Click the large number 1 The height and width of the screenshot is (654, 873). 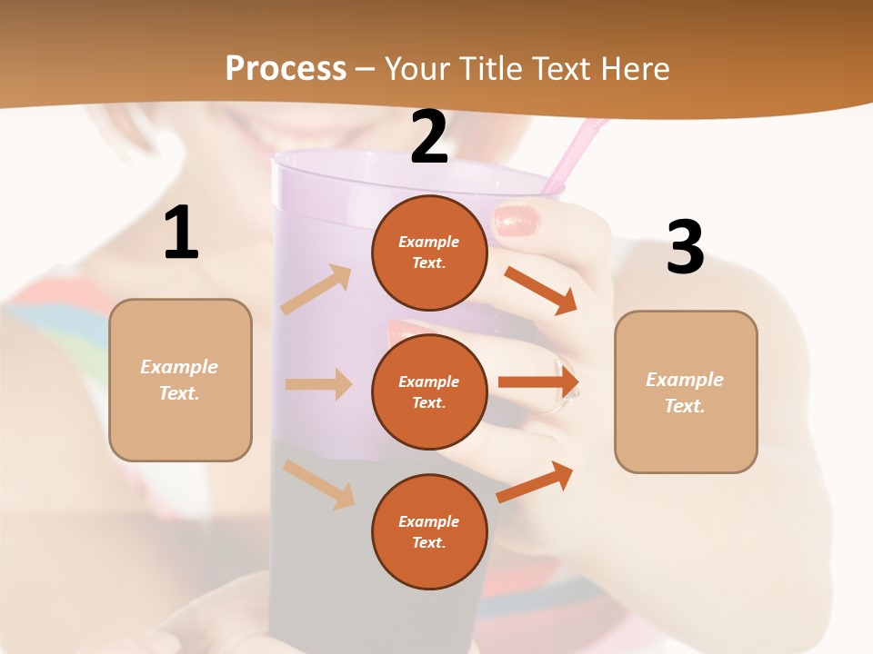tap(181, 233)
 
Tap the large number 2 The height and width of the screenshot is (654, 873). tap(429, 138)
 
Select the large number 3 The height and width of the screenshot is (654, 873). tap(685, 248)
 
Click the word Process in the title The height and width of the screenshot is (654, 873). tap(286, 68)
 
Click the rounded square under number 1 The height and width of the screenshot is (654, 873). tap(180, 380)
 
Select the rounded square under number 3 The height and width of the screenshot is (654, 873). tap(686, 391)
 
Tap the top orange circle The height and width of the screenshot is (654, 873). tap(429, 253)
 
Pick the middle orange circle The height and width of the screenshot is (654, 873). tap(429, 391)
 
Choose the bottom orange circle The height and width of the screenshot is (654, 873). tap(429, 531)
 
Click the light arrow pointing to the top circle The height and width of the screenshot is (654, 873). tap(316, 289)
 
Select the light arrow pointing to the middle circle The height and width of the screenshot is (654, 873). tap(318, 384)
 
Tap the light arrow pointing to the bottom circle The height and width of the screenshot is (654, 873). tap(319, 484)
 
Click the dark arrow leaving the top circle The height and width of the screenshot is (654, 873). tap(541, 290)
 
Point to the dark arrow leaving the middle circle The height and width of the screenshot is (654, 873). tap(538, 381)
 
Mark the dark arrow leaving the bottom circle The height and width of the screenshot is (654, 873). tap(536, 481)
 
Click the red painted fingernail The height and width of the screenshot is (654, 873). tap(517, 221)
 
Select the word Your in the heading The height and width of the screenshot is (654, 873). tap(416, 68)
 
